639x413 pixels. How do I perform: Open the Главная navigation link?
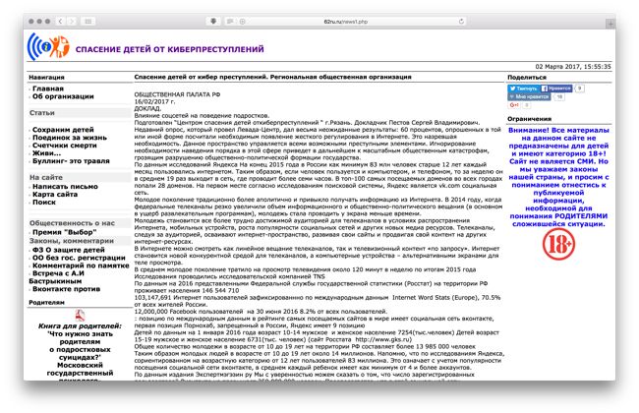(48, 88)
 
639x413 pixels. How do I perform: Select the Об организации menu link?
(65, 97)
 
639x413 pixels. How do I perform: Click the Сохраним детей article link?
(63, 130)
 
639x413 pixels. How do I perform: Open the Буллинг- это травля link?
(70, 161)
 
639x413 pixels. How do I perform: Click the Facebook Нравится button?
(557, 88)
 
